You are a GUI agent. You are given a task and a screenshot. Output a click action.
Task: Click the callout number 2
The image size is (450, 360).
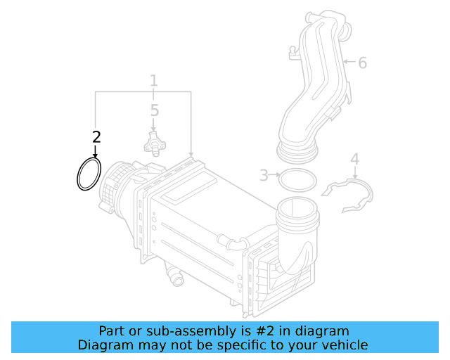coord(96,137)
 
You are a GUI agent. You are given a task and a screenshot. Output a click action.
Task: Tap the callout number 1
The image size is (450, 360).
coord(154,80)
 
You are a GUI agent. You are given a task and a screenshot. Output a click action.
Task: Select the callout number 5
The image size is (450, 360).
coord(155,110)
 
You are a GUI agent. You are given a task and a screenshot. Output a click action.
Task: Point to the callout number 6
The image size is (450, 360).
coord(363,63)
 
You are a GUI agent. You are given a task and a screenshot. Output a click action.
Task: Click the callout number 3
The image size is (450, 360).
coord(264,175)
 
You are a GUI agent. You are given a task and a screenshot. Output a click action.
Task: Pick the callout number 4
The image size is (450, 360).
coord(355,159)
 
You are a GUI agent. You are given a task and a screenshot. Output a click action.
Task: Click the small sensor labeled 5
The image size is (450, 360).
coord(155,144)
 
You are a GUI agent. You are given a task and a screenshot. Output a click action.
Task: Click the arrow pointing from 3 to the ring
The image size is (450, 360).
coord(274,174)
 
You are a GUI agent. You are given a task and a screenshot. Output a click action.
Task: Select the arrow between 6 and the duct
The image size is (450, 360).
coord(349,61)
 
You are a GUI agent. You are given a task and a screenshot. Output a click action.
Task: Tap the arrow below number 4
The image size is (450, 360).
coord(355,173)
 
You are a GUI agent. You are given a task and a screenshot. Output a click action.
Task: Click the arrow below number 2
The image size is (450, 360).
coord(95,151)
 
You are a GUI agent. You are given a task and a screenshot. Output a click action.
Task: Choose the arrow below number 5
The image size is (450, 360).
coord(153,125)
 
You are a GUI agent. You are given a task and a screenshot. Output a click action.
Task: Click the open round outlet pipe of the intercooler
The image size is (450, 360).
coord(297,212)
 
